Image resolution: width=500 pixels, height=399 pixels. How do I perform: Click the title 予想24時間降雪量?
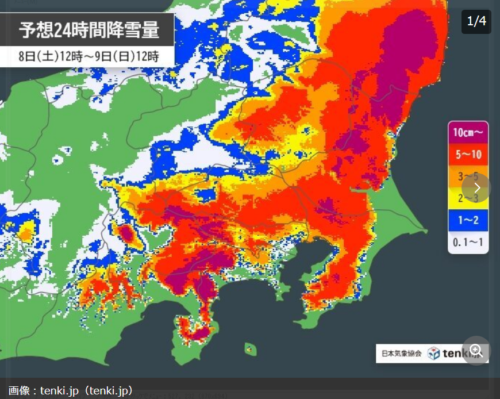click(x=89, y=29)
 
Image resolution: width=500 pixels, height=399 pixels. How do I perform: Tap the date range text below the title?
click(x=89, y=56)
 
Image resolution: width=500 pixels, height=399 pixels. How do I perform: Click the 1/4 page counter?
click(x=476, y=21)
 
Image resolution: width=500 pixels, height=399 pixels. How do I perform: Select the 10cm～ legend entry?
click(x=468, y=132)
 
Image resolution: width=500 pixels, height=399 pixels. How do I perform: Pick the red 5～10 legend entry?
click(x=468, y=154)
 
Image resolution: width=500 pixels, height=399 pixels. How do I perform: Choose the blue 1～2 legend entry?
click(x=468, y=220)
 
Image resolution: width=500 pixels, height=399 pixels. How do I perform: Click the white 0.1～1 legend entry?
click(x=468, y=242)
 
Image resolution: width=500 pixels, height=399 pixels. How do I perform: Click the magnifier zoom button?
click(x=476, y=350)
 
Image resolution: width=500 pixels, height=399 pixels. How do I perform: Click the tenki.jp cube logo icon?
click(x=433, y=353)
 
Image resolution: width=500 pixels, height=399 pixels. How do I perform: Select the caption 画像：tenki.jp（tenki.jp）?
click(x=71, y=391)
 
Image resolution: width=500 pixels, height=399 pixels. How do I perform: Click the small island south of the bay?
click(x=250, y=348)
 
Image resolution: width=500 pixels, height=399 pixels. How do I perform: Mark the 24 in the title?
click(x=64, y=29)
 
